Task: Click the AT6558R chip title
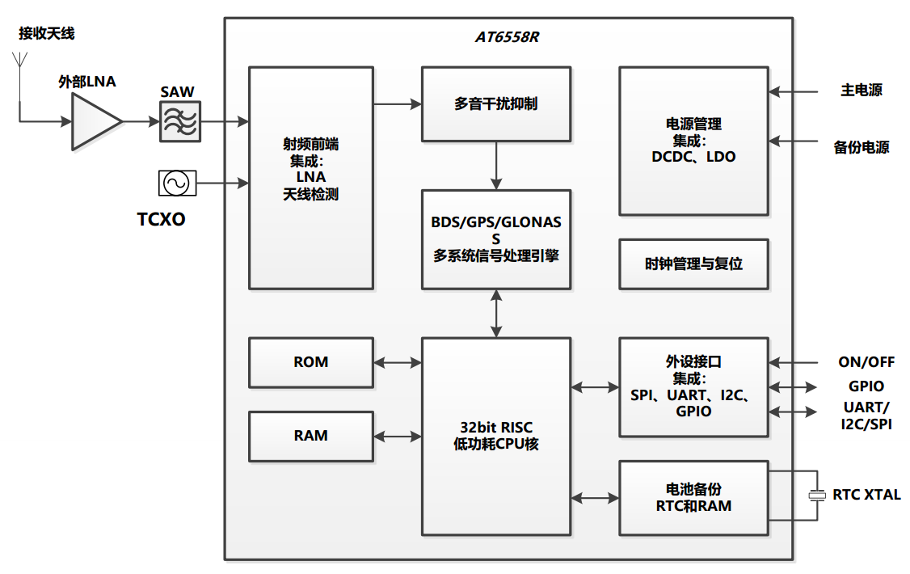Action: coord(506,38)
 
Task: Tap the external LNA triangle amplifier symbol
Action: coord(95,121)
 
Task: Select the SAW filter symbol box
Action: coord(179,121)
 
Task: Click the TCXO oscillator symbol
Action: coord(176,183)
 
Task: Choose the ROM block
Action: coord(310,362)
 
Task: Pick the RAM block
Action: coord(310,436)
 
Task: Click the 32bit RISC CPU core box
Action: coord(495,436)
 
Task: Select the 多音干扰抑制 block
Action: coord(495,103)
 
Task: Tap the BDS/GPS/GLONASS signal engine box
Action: coord(495,239)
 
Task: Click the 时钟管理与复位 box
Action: coord(693,264)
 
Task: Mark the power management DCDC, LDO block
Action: coord(693,141)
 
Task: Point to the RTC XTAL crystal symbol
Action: coord(817,495)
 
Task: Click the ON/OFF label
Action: coord(866,362)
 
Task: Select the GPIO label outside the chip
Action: coord(866,386)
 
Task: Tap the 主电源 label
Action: coord(861,91)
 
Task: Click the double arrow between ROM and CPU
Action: coord(398,363)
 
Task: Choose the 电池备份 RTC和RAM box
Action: coord(693,497)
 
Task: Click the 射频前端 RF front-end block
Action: coord(310,178)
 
